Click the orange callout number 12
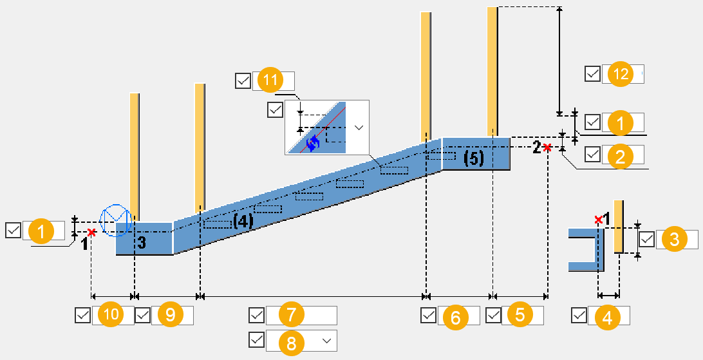coord(621,74)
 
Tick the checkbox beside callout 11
coord(243,81)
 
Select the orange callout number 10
coord(111,315)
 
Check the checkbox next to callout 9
coord(142,316)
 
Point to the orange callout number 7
coord(291,315)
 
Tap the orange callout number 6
coord(456,316)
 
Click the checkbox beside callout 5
coord(494,316)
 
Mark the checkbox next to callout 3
coord(646,240)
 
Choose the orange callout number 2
coord(621,155)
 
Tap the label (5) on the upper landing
coord(474,158)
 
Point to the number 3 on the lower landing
coord(142,243)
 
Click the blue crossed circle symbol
coord(116,220)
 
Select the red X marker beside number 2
coord(547,148)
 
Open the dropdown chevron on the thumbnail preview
coord(359,128)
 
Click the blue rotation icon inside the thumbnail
coord(313,143)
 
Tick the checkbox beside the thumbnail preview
coord(275,109)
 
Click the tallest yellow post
coord(492,71)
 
